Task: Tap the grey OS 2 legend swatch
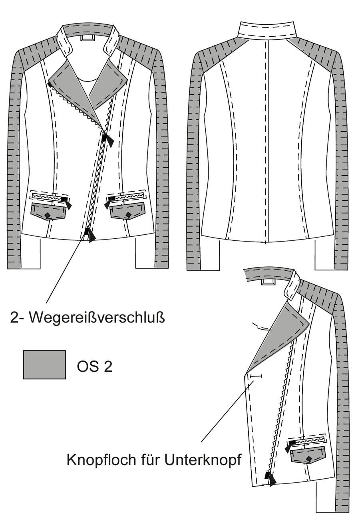[x=44, y=364]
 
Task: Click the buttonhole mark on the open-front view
[x=256, y=376]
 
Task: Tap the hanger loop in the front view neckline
[x=87, y=38]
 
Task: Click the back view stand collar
[x=267, y=29]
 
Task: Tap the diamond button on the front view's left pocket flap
[x=48, y=216]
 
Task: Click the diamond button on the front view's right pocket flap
[x=127, y=215]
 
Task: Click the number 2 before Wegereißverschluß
[x=14, y=318]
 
